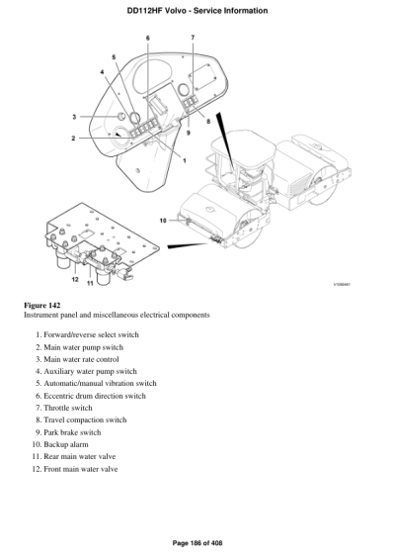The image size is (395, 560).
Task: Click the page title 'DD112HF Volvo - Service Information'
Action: coord(197,8)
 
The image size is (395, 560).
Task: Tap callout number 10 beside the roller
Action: coord(164,220)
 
